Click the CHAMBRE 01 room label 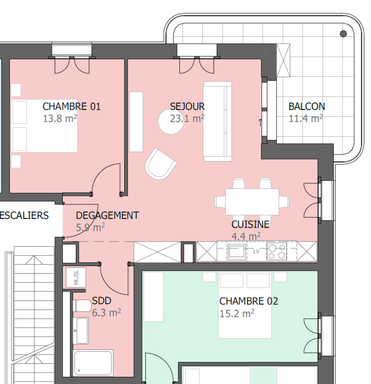coord(72,107)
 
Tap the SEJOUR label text coord(187,107)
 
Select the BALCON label coord(307,107)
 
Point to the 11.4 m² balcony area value coord(306,119)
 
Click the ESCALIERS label coord(24,216)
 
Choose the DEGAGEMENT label coord(107,216)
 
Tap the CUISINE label coord(250,224)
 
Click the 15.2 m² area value coord(237,313)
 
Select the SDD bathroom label coord(101,300)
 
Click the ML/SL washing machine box coord(76,277)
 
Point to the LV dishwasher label coord(256,252)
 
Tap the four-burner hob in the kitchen coord(277,252)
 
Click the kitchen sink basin coord(236,252)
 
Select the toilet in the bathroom coord(82,306)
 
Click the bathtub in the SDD coord(93,363)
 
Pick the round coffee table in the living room coord(171,121)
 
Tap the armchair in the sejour coord(160,164)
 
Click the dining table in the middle coord(252,202)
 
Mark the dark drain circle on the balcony coord(343,34)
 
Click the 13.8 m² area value coord(60,119)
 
